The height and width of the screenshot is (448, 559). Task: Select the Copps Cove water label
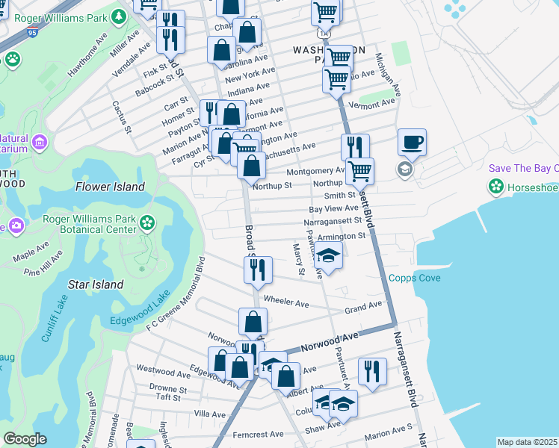click(414, 279)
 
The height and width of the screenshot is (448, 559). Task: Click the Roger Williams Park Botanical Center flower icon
click(147, 222)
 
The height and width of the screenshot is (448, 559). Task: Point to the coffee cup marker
click(412, 141)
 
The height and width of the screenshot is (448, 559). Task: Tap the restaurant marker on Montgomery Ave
click(355, 146)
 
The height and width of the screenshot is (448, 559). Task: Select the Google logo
click(25, 439)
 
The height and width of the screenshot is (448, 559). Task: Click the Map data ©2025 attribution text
click(527, 442)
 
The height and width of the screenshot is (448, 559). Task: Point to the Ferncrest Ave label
click(258, 434)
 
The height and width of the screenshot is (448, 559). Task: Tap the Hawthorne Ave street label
click(89, 57)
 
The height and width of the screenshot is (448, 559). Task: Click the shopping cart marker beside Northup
click(360, 170)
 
